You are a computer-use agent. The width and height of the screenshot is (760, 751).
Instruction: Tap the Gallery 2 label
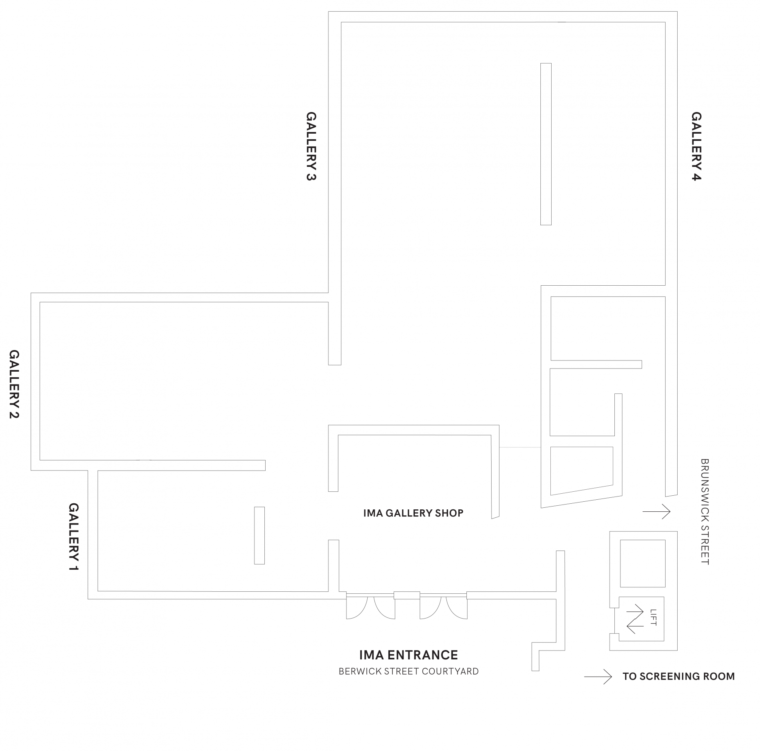point(14,384)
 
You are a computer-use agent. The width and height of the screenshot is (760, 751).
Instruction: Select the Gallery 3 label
point(311,146)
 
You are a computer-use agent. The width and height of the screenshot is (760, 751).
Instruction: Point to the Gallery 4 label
point(696,146)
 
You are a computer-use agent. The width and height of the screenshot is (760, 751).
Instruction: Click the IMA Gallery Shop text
point(413,513)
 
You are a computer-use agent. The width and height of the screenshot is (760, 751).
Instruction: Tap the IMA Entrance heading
point(408,655)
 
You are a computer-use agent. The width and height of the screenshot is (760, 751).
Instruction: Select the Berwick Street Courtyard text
point(408,671)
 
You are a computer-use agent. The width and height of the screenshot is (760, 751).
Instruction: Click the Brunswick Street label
point(705,511)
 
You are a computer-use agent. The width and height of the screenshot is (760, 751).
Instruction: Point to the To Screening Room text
point(678,677)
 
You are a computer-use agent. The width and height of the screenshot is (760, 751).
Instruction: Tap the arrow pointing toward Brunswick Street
point(656,511)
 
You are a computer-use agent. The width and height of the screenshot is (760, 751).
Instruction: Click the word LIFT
point(654,617)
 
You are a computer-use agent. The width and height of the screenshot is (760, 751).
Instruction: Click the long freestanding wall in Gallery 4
point(546,144)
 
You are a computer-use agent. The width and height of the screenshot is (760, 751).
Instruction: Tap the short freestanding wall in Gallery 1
point(259,535)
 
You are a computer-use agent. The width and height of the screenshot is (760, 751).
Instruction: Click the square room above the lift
point(643,563)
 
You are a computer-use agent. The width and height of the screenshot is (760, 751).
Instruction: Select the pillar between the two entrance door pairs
point(407,595)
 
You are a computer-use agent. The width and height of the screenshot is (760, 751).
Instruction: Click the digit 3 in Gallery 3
point(311,176)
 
